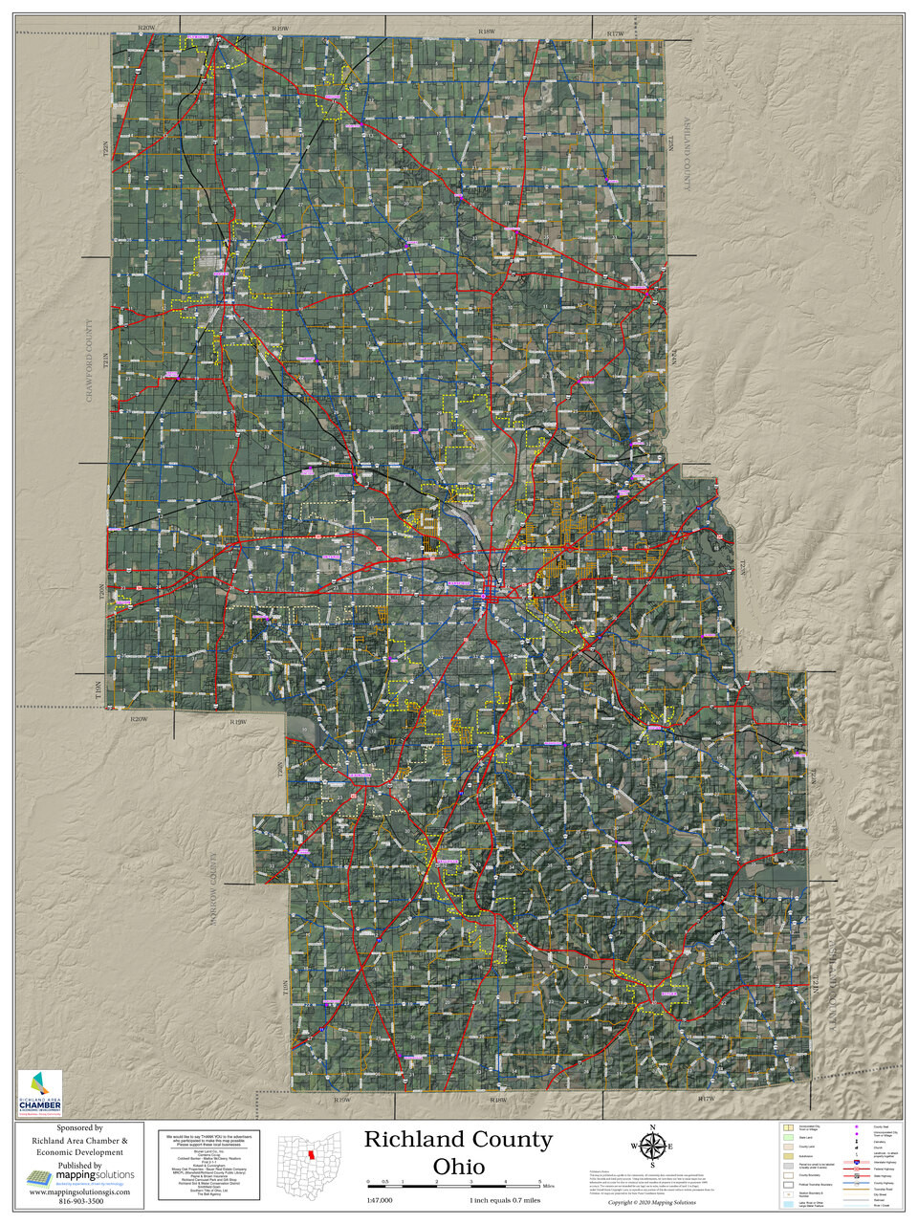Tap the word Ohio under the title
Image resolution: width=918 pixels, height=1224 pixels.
[x=458, y=1168]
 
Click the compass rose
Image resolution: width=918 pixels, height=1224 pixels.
[x=652, y=1147]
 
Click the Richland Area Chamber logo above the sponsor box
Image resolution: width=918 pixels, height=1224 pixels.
[x=39, y=1093]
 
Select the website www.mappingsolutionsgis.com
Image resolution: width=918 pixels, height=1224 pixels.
[x=79, y=1192]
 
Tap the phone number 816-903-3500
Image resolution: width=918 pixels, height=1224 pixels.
[x=79, y=1202]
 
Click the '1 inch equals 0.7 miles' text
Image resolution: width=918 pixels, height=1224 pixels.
[x=505, y=1201]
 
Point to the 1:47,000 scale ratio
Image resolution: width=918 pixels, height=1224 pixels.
[x=380, y=1201]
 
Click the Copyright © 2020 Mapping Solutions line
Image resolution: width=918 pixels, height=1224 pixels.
[x=652, y=1203]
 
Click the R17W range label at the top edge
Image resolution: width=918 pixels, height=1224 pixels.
[x=615, y=33]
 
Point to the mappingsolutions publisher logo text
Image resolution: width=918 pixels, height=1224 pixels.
[x=93, y=1175]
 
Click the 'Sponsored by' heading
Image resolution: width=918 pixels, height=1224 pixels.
[x=79, y=1128]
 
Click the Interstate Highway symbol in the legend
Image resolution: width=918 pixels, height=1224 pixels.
[x=857, y=1161]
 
